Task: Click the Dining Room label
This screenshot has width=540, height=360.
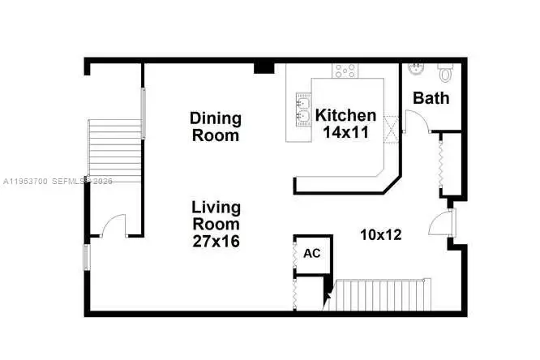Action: click(216, 127)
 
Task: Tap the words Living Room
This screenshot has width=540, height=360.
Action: click(216, 215)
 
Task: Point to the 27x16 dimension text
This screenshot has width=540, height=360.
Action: click(216, 241)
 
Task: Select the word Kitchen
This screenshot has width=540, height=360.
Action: click(345, 115)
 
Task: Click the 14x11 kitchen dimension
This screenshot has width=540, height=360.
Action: click(345, 132)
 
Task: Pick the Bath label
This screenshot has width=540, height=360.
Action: click(431, 98)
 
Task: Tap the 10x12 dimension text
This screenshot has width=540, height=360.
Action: click(381, 234)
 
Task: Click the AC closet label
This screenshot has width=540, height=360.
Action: click(312, 253)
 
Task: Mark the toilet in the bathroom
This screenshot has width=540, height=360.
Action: click(444, 73)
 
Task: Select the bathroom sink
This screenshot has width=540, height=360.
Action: click(414, 68)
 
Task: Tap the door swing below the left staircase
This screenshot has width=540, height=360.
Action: click(114, 225)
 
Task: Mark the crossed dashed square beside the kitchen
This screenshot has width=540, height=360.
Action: click(392, 128)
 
